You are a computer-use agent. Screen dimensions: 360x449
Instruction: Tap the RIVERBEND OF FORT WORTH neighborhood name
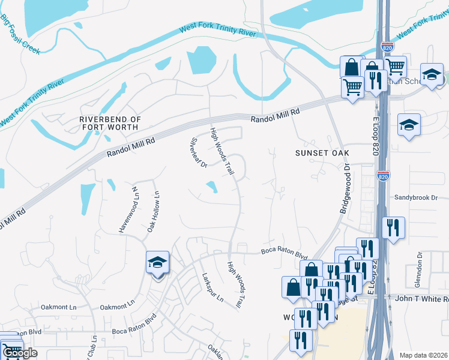(x=110, y=124)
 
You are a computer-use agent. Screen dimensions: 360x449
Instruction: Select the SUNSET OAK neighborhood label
(x=322, y=153)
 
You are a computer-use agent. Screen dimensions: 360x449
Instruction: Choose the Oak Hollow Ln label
(x=152, y=211)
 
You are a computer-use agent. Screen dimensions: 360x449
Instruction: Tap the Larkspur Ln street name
(x=212, y=287)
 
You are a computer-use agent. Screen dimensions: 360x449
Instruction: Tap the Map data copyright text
(x=423, y=355)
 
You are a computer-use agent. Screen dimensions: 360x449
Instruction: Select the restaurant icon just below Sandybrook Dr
(x=393, y=228)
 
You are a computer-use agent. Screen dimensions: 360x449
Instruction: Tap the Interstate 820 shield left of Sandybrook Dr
(x=383, y=176)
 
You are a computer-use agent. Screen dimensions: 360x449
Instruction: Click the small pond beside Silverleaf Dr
(x=211, y=187)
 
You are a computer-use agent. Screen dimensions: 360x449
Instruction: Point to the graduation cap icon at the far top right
(x=431, y=75)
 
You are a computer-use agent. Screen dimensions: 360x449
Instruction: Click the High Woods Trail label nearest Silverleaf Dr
(x=221, y=151)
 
